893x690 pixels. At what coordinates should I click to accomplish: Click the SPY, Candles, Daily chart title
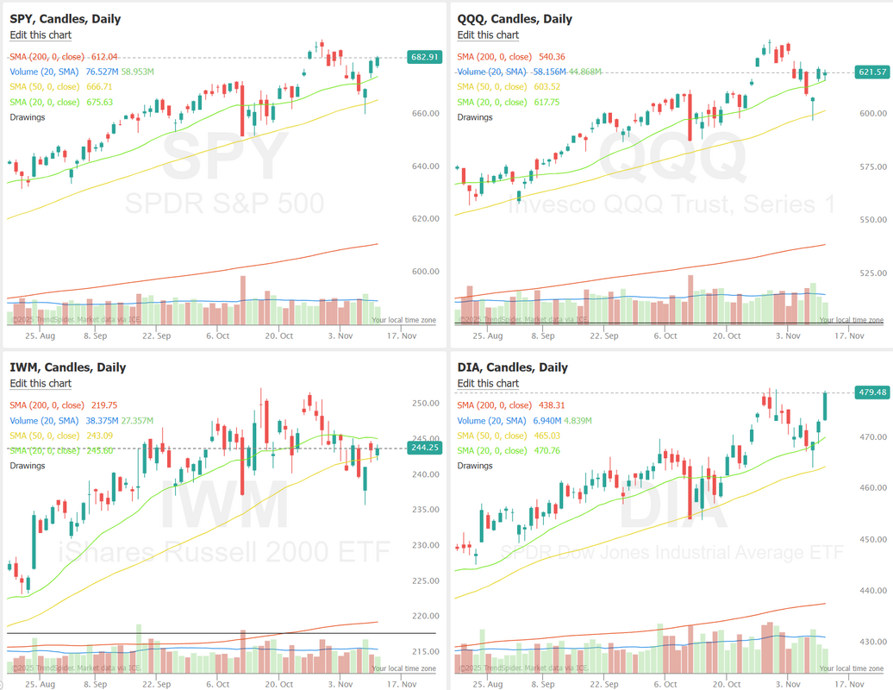pos(65,19)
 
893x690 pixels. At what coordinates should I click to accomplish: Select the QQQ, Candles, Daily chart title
pos(515,19)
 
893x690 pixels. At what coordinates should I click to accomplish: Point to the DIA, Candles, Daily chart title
pos(512,367)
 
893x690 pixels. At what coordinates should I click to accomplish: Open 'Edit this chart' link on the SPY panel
pos(41,35)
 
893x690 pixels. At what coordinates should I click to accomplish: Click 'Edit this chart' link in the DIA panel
pos(488,384)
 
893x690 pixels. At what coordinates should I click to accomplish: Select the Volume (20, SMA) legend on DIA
pos(491,421)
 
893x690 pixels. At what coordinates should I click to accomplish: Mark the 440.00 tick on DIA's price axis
pos(871,591)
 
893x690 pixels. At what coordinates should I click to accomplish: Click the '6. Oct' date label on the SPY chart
pos(216,336)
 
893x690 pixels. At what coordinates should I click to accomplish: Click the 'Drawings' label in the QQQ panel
pos(476,117)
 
